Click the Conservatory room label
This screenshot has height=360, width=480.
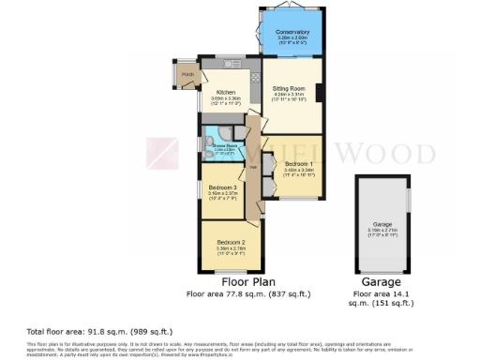pos(292,33)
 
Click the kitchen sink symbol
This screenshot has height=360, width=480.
pos(232,64)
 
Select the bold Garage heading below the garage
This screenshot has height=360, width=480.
pos(381,281)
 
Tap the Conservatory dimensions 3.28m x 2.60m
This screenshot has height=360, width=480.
pos(292,39)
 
